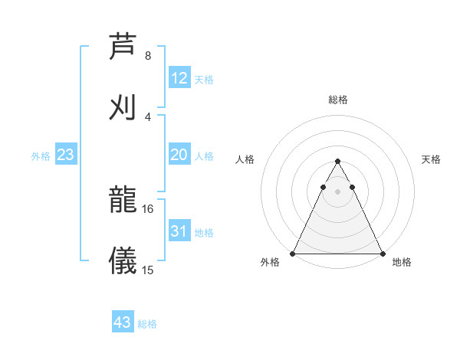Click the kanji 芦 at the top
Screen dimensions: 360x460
tap(123, 46)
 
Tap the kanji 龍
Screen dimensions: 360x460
tap(123, 199)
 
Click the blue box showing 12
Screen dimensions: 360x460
tap(179, 78)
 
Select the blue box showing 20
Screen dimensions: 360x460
tap(179, 155)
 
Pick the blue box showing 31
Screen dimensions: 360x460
tap(179, 231)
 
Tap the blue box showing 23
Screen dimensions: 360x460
tap(66, 155)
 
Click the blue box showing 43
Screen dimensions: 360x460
tap(123, 322)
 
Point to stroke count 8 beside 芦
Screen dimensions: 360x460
tap(147, 56)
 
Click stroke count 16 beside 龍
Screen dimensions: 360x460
tap(147, 208)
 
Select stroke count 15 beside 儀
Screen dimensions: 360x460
tap(147, 270)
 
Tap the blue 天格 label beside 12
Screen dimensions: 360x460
tap(204, 79)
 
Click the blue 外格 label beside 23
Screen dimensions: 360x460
tap(41, 155)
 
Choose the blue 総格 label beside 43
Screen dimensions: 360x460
tap(147, 323)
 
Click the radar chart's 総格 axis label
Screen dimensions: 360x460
tap(338, 100)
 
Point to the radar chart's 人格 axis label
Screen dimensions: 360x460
tap(245, 159)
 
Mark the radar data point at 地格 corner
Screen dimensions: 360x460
tap(383, 254)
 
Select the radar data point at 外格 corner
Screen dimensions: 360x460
tap(293, 254)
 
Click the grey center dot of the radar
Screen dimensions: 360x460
tap(337, 192)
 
